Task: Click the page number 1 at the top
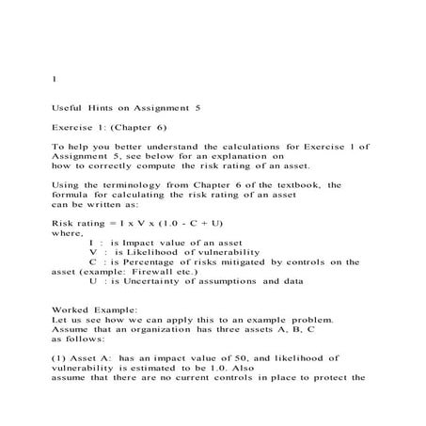[x=55, y=80]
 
